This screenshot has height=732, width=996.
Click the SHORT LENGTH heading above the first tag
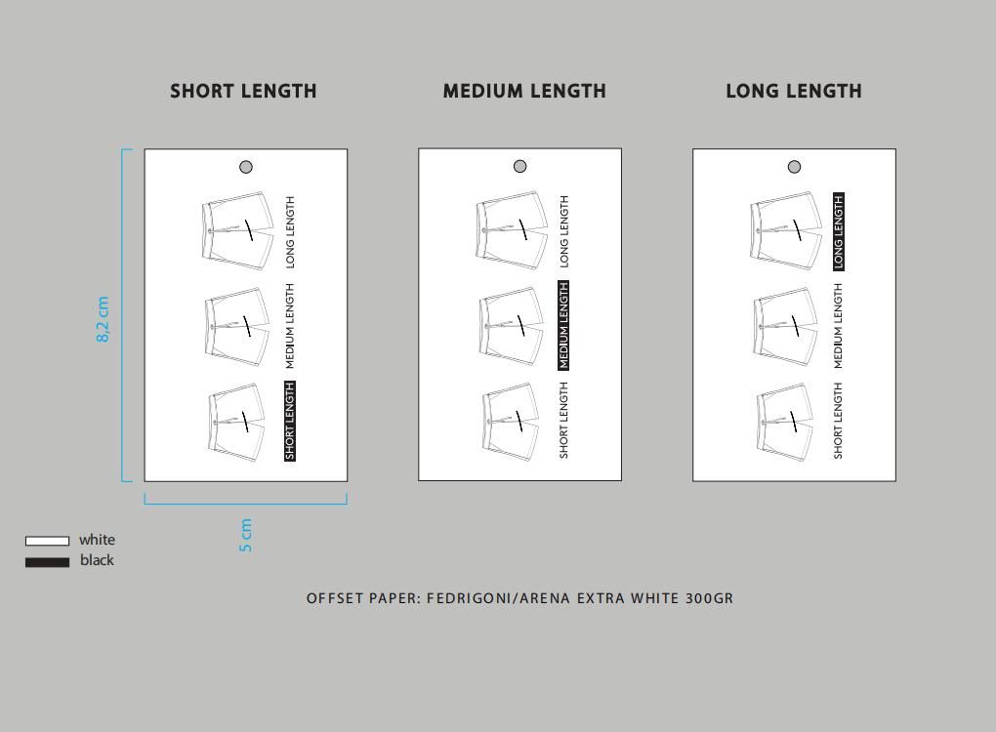[x=243, y=92]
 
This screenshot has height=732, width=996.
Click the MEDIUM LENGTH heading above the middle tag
[x=524, y=92]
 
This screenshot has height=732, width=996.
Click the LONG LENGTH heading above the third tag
[x=794, y=92]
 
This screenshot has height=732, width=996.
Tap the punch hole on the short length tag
[x=246, y=167]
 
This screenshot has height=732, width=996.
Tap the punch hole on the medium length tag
[x=520, y=166]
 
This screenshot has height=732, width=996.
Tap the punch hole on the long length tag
[x=794, y=167]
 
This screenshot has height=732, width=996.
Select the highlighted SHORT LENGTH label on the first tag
[x=290, y=421]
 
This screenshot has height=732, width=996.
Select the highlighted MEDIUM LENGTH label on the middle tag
[x=563, y=325]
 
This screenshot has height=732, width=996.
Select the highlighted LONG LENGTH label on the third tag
[x=839, y=231]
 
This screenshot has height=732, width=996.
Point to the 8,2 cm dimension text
[x=103, y=319]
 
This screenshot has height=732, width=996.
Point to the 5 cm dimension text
[x=246, y=535]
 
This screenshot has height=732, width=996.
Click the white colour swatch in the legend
[x=47, y=541]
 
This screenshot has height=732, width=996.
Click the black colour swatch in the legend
[x=47, y=562]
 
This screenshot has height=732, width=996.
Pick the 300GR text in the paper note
[x=710, y=598]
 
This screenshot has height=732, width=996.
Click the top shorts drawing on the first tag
[x=237, y=231]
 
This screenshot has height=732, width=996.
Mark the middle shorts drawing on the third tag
[x=785, y=326]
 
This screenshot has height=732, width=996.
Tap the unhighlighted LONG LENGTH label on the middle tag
[x=564, y=231]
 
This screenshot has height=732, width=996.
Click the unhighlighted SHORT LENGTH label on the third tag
[x=838, y=421]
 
